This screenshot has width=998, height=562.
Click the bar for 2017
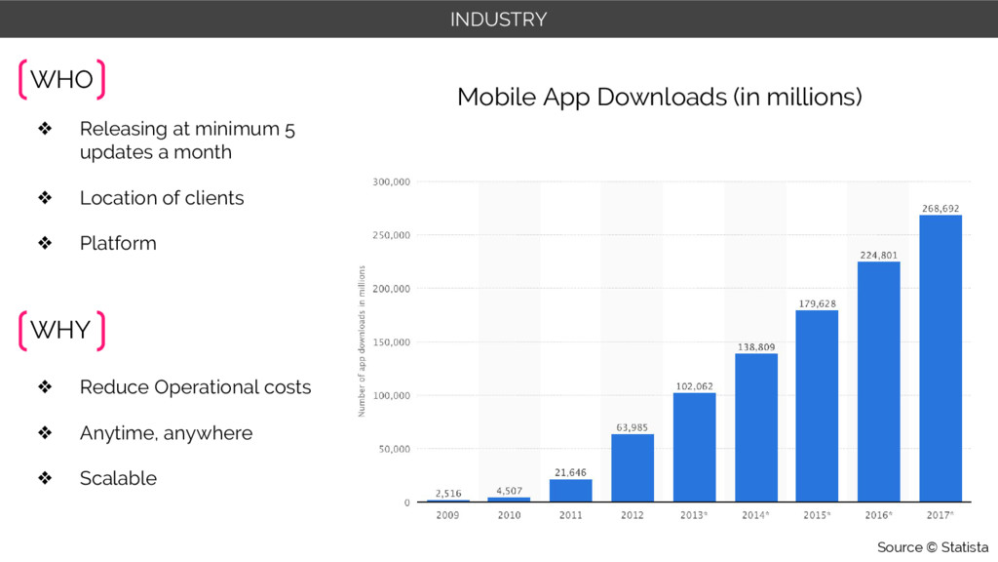(940, 358)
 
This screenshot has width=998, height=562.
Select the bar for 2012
(633, 467)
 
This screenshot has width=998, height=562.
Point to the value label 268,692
(940, 208)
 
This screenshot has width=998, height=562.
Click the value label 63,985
(633, 426)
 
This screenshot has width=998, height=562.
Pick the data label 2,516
(448, 493)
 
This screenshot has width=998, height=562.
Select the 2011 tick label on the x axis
(571, 515)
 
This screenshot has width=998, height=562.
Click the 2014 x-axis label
(755, 515)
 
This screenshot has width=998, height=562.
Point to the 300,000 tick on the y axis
(392, 181)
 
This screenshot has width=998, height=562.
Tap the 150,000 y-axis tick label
(392, 342)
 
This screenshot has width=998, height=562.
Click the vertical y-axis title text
(361, 341)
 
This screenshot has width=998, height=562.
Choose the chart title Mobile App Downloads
(659, 98)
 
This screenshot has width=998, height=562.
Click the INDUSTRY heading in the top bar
(498, 19)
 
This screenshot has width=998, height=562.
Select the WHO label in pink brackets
(61, 80)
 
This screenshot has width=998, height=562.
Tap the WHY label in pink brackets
(60, 330)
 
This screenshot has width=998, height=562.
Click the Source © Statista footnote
(932, 547)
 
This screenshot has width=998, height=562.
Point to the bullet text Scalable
(118, 478)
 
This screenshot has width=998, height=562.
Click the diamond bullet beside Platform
(44, 243)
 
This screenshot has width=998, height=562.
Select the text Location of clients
(162, 198)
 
